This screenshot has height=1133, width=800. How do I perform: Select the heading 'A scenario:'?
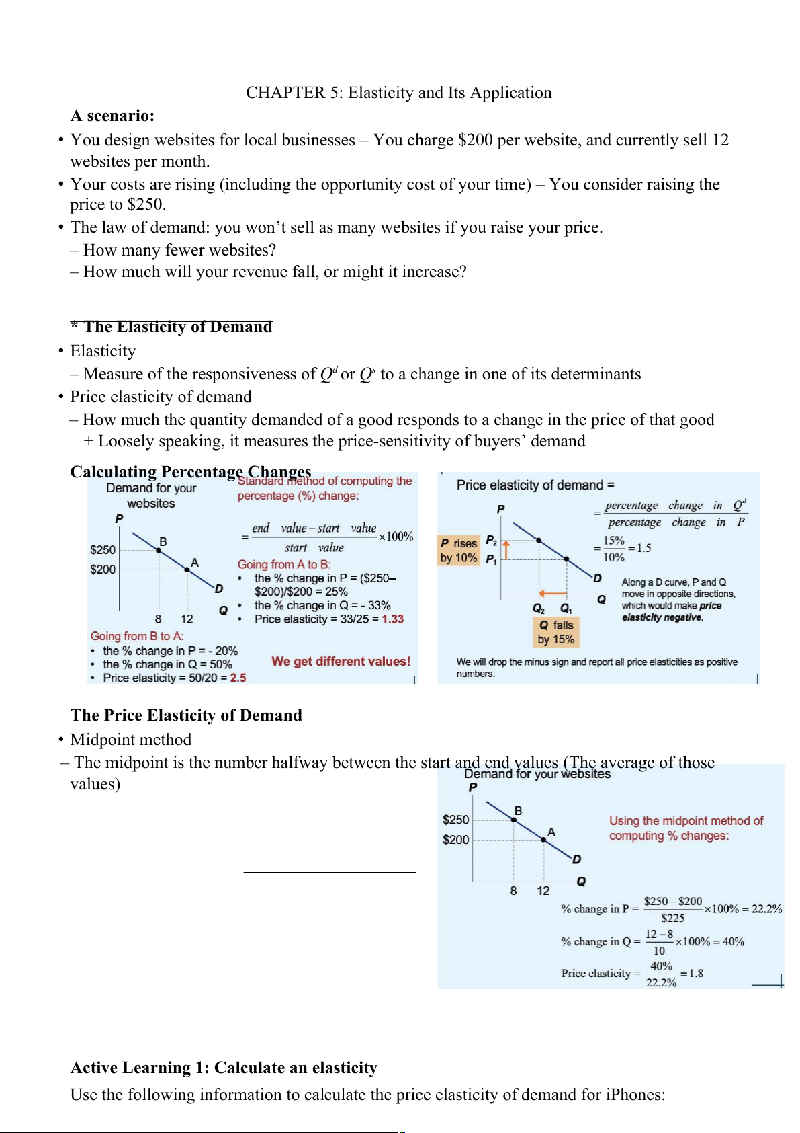tap(112, 116)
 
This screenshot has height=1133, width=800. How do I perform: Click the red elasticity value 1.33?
tap(393, 619)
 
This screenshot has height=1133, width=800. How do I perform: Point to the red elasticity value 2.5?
tap(238, 678)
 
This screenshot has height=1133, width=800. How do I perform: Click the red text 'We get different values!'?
tap(341, 662)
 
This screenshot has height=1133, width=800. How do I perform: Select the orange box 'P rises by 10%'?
tap(459, 551)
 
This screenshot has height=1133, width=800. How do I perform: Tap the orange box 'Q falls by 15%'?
tap(555, 632)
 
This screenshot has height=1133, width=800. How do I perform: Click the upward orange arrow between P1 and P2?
tap(506, 549)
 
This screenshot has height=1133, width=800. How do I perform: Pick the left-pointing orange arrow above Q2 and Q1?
tap(552, 593)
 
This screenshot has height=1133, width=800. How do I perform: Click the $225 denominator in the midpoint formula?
tap(672, 918)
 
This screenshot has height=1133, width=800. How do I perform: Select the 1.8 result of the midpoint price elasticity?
tap(696, 973)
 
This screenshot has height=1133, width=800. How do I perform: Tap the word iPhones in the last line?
tap(633, 1095)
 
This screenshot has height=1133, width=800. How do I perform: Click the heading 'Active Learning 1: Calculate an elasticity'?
tap(224, 1068)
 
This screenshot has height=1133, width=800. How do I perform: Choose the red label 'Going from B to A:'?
tap(137, 636)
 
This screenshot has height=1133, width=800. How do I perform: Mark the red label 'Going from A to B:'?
tap(284, 565)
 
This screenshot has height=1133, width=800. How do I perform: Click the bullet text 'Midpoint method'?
tap(131, 740)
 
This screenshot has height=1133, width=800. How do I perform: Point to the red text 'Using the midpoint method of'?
tap(686, 821)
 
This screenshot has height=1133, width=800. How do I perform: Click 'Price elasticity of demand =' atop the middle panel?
tap(535, 485)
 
